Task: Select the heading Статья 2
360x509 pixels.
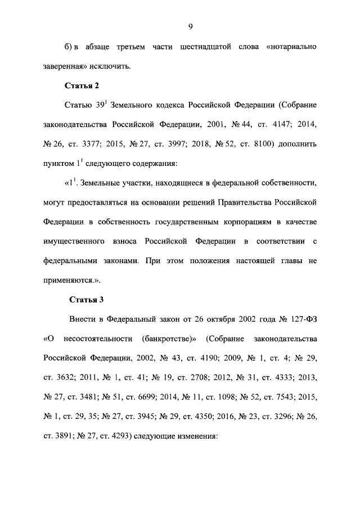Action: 84,85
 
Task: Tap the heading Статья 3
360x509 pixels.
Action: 84,298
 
